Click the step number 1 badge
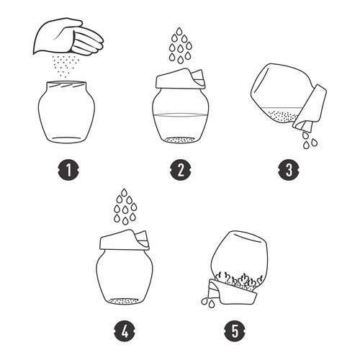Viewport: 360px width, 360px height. [x=68, y=170]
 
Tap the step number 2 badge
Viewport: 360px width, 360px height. [x=181, y=170]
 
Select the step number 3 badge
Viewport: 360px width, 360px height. [x=289, y=170]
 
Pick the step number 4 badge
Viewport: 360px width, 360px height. [x=125, y=331]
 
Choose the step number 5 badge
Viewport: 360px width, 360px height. [x=235, y=331]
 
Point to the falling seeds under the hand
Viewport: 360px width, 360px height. [x=63, y=66]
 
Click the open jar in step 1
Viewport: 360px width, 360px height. [x=66, y=112]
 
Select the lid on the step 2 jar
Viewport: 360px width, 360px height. [x=180, y=78]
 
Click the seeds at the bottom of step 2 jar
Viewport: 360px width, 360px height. [x=181, y=140]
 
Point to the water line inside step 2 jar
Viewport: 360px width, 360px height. [x=181, y=115]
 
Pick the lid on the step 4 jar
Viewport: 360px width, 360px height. [x=124, y=240]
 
